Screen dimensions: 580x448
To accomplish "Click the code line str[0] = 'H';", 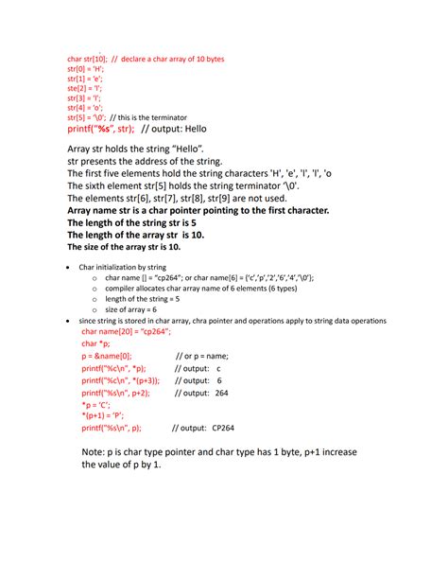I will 85,69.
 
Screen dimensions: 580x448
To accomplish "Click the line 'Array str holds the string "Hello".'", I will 135,149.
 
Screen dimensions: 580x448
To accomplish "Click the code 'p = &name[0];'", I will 108,357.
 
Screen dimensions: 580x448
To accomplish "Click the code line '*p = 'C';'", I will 96,404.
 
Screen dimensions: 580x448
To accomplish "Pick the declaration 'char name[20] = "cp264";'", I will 125,333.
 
